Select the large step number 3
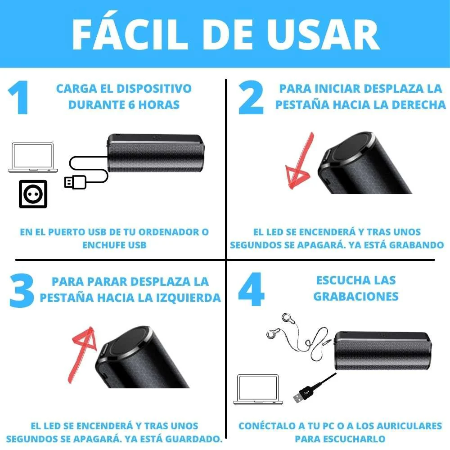point(21,291)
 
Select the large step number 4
point(251,291)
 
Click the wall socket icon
point(33,193)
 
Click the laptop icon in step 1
point(33,158)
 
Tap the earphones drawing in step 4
point(288,333)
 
